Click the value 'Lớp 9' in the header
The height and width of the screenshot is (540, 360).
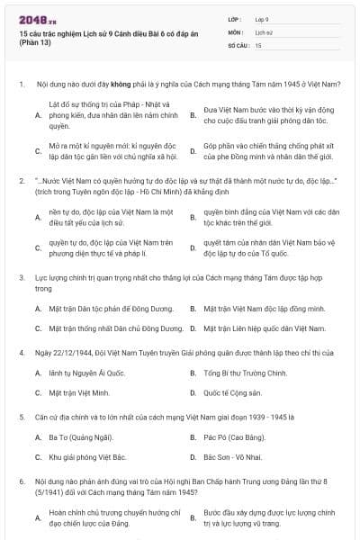pos(263,18)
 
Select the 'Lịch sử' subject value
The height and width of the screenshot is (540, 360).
pos(263,31)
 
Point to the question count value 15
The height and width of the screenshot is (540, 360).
pos(258,44)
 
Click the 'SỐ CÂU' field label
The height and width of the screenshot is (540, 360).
pos(237,44)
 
